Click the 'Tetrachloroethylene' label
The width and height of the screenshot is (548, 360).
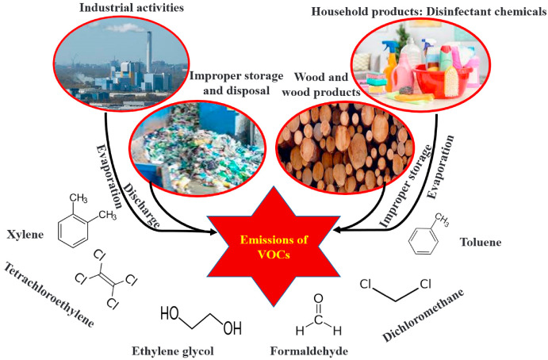[48, 294]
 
